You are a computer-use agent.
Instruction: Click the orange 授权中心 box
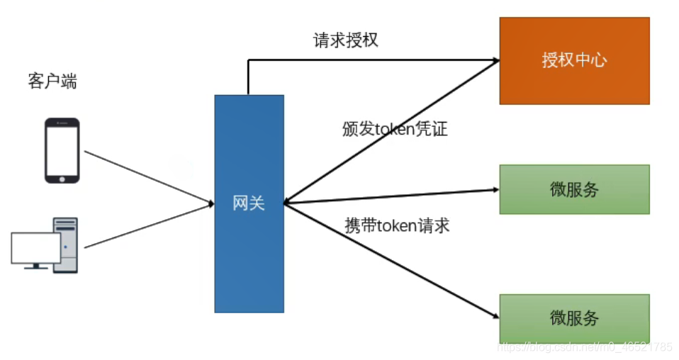[574, 61]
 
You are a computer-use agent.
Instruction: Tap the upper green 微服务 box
[574, 189]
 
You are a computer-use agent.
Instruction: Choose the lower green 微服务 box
[574, 318]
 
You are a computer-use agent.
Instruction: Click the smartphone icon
[62, 150]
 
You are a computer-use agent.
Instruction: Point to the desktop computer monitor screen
[35, 247]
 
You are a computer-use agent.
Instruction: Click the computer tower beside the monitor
[66, 244]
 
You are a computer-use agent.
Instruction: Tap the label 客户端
[52, 81]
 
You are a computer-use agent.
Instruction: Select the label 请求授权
[345, 40]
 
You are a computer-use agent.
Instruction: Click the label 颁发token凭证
[394, 130]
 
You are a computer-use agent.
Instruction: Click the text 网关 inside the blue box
[249, 203]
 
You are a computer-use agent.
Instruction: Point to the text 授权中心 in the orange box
[574, 60]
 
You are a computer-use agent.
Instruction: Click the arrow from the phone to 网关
[149, 177]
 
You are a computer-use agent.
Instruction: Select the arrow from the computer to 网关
[149, 226]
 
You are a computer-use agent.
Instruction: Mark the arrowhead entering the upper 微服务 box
[495, 189]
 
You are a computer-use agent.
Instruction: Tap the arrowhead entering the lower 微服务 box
[495, 317]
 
